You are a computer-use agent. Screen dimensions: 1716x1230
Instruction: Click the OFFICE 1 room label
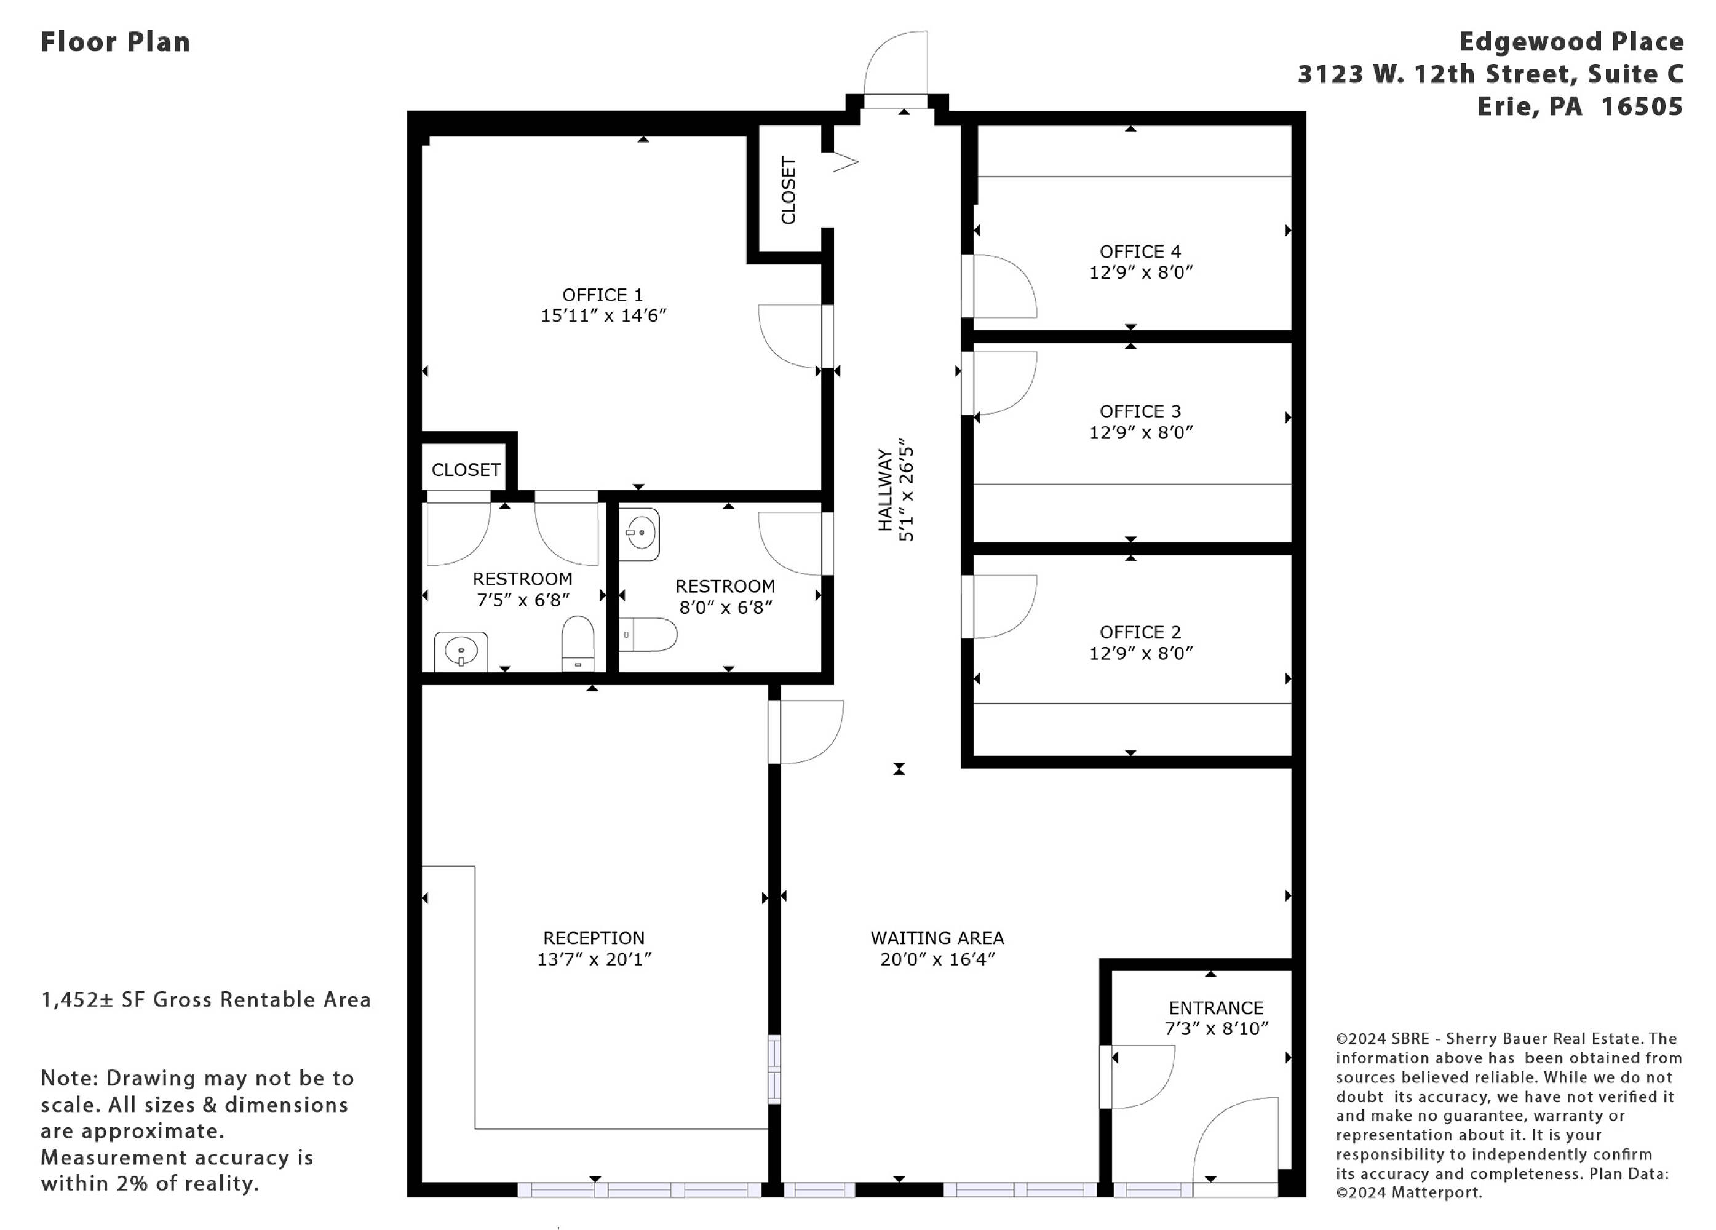[x=602, y=295]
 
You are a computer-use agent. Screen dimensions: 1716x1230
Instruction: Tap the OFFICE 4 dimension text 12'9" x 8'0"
[x=1140, y=272]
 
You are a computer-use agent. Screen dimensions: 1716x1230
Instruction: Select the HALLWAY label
[x=884, y=490]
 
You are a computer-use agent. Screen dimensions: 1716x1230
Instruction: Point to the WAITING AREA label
[x=937, y=938]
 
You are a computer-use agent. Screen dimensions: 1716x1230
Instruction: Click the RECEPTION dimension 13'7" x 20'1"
[x=594, y=959]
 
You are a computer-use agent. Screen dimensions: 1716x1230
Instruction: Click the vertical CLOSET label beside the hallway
[x=788, y=191]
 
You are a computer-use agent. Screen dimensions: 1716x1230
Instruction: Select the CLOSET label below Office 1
[x=466, y=470]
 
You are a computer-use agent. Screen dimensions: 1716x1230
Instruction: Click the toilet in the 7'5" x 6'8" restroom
[x=578, y=643]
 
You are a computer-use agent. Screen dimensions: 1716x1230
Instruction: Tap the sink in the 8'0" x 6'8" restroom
[x=639, y=534]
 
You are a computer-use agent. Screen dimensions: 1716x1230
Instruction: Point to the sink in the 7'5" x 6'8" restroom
[x=461, y=651]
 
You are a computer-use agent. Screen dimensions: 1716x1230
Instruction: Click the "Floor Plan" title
[x=115, y=42]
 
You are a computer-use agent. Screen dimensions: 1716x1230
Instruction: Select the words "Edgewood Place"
[x=1571, y=42]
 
